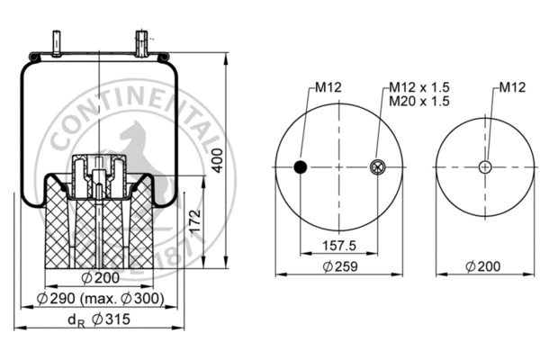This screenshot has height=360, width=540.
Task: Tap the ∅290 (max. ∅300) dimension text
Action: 101,298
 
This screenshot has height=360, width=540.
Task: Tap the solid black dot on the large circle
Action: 301,166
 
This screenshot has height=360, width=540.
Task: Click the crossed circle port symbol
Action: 377,166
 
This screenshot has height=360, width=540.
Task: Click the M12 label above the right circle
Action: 512,87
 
